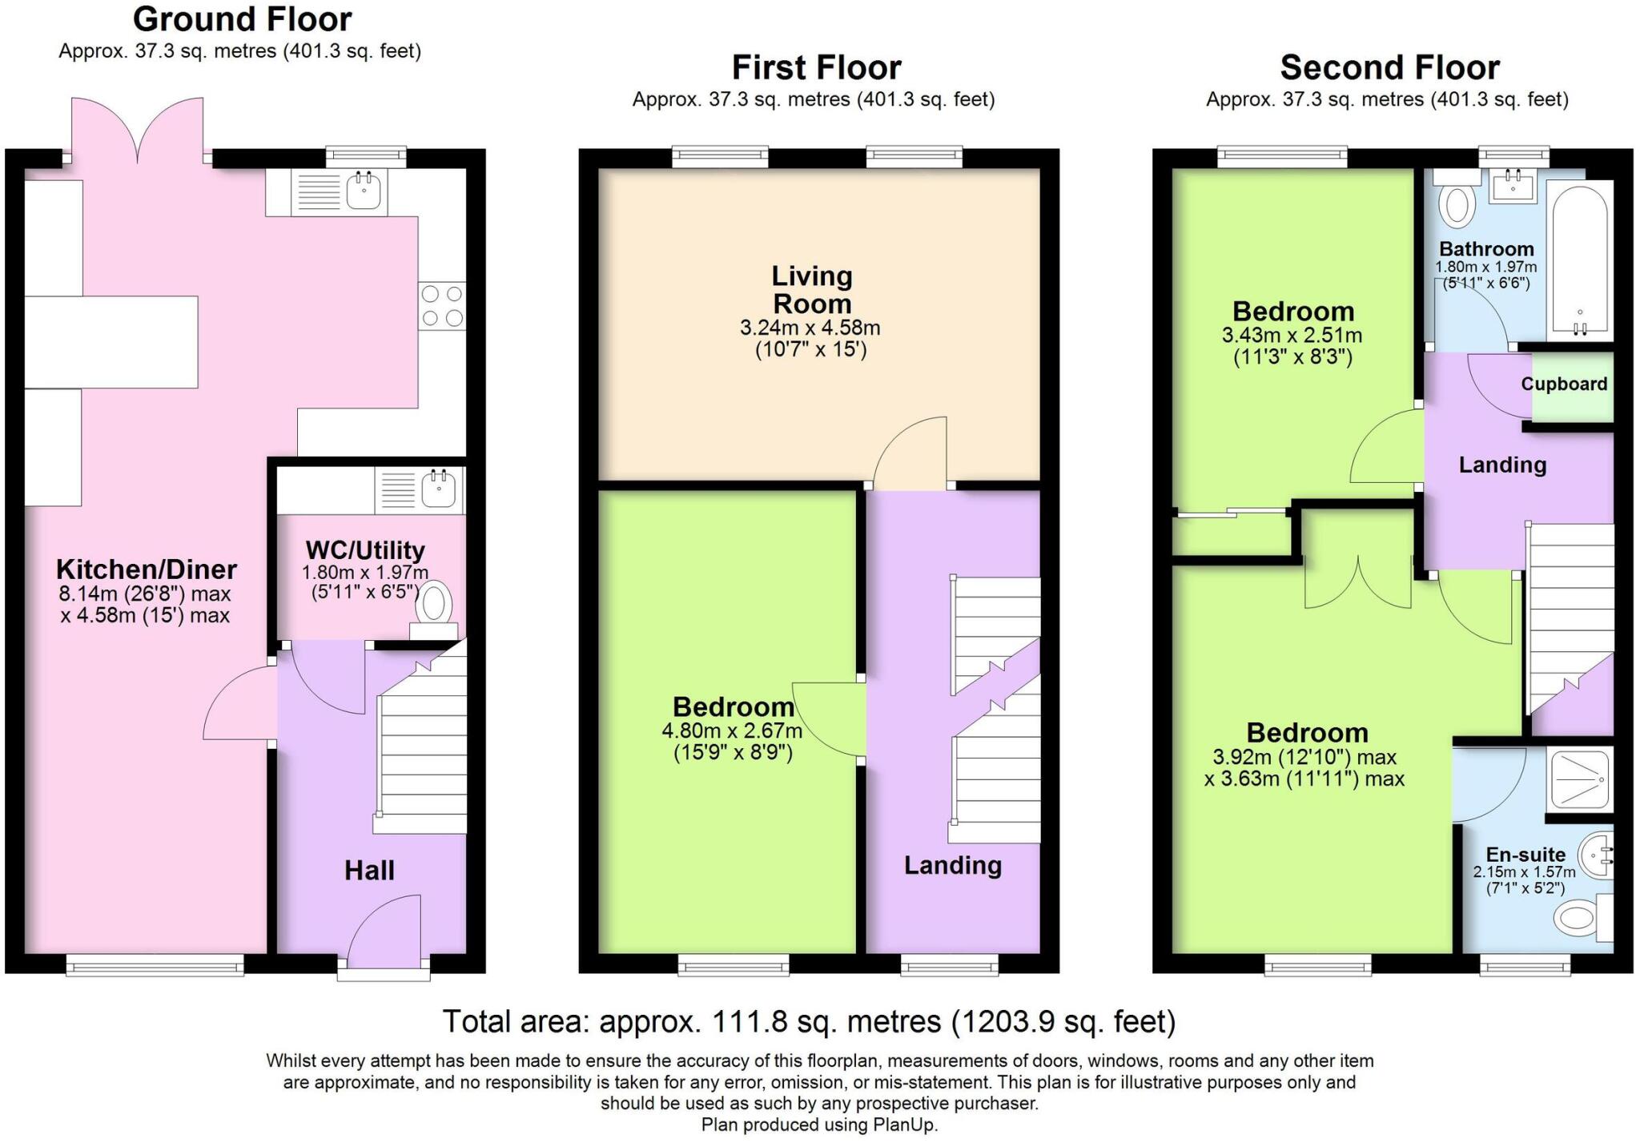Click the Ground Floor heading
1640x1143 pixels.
click(242, 19)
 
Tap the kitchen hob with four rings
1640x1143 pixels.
click(442, 306)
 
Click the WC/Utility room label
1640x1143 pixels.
click(365, 550)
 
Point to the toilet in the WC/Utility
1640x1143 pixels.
click(433, 610)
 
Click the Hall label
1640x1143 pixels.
click(369, 870)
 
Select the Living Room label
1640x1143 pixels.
click(811, 290)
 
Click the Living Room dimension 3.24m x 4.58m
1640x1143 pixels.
click(810, 328)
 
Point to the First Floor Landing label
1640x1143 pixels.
click(953, 865)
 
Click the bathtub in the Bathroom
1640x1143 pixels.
click(1579, 261)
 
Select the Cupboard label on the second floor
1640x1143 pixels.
click(1564, 384)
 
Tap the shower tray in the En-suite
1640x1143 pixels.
click(1581, 779)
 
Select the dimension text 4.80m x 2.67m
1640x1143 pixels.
click(732, 730)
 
